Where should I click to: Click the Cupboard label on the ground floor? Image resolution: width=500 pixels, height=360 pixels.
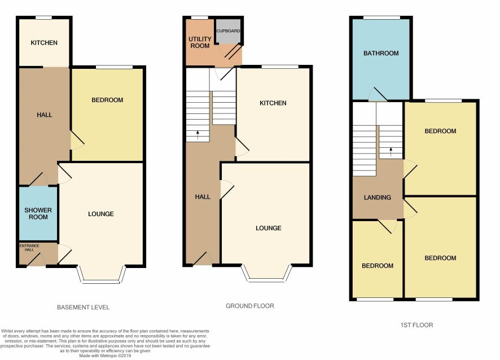(x=228, y=31)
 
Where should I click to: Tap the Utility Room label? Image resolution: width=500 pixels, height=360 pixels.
(x=200, y=42)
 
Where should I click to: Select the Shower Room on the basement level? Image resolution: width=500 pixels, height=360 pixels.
(x=38, y=213)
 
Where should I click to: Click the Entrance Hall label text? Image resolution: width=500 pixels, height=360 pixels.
(x=29, y=248)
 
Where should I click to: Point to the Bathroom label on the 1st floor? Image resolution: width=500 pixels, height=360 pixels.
(x=381, y=53)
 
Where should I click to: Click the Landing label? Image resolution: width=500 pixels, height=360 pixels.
(x=377, y=197)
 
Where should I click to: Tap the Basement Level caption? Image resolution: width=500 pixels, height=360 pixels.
(x=83, y=308)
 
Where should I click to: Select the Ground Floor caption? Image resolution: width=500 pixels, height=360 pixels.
(x=249, y=306)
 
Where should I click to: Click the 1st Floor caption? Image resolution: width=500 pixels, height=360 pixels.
(x=417, y=325)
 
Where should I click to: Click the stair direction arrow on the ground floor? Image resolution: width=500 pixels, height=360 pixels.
(x=198, y=135)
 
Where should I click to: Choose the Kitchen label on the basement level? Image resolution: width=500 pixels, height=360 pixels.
(x=44, y=43)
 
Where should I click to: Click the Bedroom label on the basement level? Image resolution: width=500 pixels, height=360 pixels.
(x=107, y=100)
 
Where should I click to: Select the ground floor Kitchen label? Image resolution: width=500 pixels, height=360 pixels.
(x=273, y=103)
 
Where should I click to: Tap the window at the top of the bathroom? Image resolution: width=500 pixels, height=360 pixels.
(x=381, y=17)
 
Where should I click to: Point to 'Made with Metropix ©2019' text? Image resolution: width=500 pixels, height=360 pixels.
(x=105, y=355)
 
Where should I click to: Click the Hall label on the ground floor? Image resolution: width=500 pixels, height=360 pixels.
(x=203, y=197)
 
